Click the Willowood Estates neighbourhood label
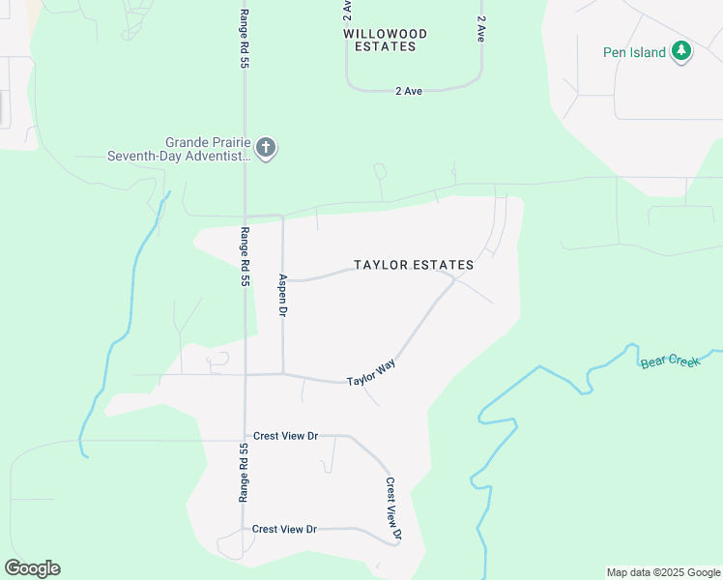pyautogui.click(x=385, y=40)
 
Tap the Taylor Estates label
pyautogui.click(x=414, y=265)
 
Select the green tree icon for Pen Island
pyautogui.click(x=682, y=50)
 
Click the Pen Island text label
pyautogui.click(x=634, y=52)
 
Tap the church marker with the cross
pyautogui.click(x=266, y=148)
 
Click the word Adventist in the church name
pyautogui.click(x=215, y=156)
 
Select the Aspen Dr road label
pyautogui.click(x=283, y=296)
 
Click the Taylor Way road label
pyautogui.click(x=371, y=373)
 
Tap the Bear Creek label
pyautogui.click(x=669, y=362)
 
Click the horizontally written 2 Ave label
pyautogui.click(x=409, y=91)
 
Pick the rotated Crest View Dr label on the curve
pyautogui.click(x=393, y=507)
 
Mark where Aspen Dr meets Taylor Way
pyautogui.click(x=282, y=373)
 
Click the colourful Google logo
pyautogui.click(x=32, y=568)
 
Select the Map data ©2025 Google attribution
pyautogui.click(x=663, y=572)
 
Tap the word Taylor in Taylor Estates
pyautogui.click(x=378, y=265)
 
